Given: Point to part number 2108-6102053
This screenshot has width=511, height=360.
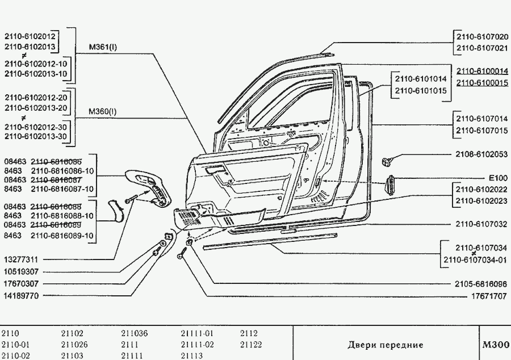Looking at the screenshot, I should [481, 154].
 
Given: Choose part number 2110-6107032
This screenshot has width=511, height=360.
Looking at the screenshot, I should [481, 224].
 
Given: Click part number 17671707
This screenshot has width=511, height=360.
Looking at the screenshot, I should [489, 296].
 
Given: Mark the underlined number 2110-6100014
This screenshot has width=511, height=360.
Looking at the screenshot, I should [481, 72].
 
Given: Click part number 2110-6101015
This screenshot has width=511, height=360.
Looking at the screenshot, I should [420, 90].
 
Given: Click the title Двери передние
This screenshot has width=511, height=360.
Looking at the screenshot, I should [385, 345].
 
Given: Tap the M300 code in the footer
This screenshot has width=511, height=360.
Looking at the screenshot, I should [495, 345].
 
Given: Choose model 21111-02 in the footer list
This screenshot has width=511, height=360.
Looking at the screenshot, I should [197, 345].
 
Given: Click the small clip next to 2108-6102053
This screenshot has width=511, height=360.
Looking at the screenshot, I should [389, 161].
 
